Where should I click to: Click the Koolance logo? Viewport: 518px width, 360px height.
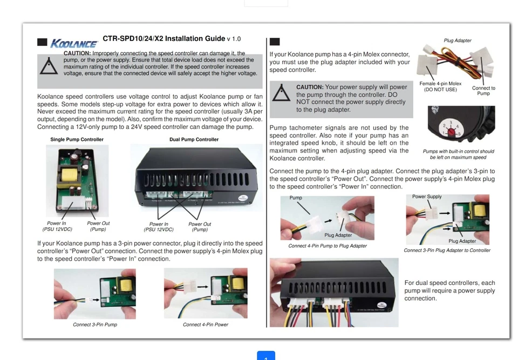[74, 43]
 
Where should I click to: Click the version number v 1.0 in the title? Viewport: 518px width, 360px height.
[234, 39]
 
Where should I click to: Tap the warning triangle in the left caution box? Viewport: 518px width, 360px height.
[49, 65]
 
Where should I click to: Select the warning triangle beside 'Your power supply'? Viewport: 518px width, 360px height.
[281, 93]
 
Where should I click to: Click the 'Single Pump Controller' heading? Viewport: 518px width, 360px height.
[77, 139]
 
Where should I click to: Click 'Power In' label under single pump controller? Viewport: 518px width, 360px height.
[57, 223]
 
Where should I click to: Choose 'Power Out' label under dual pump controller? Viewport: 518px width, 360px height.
[200, 224]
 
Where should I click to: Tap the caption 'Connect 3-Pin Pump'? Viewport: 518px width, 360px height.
[95, 325]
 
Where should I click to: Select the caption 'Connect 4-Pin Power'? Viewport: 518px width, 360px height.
[205, 325]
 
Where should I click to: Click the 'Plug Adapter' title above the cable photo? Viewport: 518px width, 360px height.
[457, 40]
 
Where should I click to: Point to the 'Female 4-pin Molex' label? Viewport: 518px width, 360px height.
[440, 84]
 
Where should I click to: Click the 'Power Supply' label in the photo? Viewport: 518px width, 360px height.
[426, 197]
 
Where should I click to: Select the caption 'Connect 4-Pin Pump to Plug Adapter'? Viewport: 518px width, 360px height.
[327, 246]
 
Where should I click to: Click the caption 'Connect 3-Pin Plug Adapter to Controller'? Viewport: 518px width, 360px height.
[447, 250]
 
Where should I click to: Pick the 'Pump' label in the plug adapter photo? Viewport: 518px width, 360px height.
[296, 198]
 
